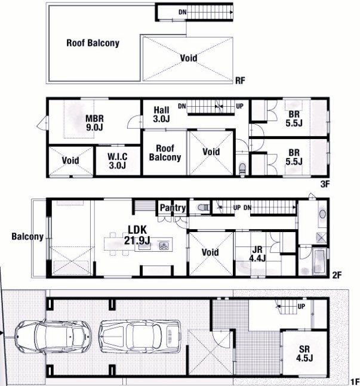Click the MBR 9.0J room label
(94, 122)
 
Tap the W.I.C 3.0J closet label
(118, 160)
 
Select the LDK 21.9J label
(137, 235)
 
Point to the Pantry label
(173, 208)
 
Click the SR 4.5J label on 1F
(304, 354)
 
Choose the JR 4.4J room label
(257, 254)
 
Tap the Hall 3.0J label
(161, 114)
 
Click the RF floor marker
(240, 81)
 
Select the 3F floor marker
(325, 184)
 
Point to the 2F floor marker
(337, 275)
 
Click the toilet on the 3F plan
(242, 169)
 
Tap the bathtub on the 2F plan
(319, 262)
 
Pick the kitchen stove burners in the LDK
(164, 245)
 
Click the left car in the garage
(53, 336)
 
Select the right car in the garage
(140, 336)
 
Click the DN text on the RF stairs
(183, 12)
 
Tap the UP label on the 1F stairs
(301, 306)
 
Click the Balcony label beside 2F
(27, 237)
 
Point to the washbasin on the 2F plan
(322, 214)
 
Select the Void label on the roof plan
(189, 58)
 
